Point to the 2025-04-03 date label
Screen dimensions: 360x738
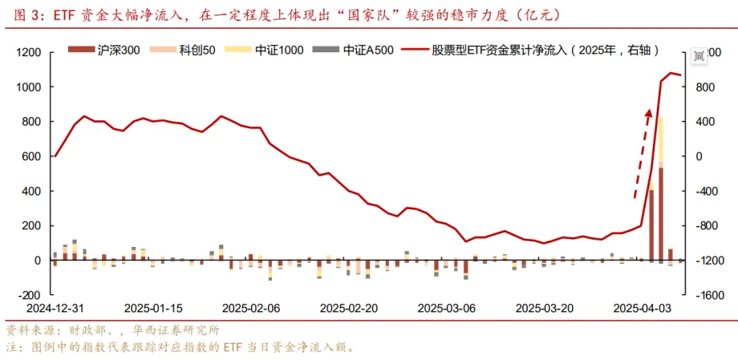point(641,308)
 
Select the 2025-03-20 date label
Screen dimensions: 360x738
point(543,308)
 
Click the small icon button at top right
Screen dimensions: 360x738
point(699,54)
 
